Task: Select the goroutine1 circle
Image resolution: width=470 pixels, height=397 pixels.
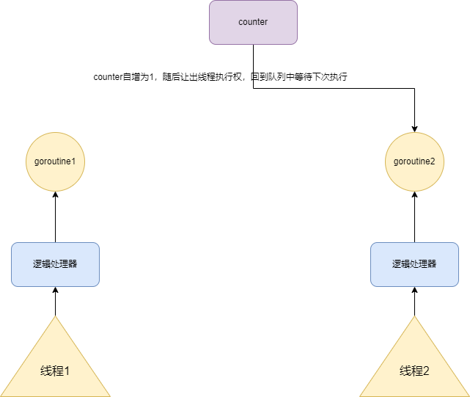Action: (55, 161)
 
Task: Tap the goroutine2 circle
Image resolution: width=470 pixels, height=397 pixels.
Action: (414, 161)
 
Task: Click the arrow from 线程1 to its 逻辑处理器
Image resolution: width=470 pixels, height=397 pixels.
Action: (55, 302)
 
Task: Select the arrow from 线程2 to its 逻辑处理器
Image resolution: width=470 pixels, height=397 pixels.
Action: (414, 302)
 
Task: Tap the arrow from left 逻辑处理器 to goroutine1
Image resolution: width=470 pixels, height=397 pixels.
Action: (55, 216)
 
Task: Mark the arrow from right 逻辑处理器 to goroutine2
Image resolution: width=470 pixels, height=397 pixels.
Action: (414, 216)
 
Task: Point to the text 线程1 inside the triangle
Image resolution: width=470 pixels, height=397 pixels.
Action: (55, 371)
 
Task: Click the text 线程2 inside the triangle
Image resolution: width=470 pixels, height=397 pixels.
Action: (414, 371)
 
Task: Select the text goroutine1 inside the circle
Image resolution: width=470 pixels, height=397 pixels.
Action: (55, 161)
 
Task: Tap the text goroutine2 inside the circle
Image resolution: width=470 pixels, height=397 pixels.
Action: (414, 161)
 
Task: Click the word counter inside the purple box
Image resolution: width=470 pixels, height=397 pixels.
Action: (253, 22)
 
